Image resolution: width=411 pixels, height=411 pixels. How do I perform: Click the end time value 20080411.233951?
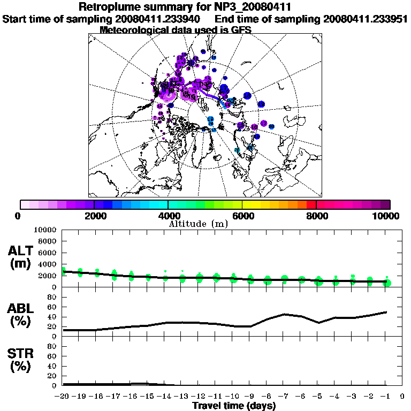click(x=366, y=19)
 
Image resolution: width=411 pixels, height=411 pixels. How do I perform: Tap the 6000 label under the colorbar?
click(x=242, y=216)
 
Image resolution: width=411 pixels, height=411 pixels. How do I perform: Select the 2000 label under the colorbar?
click(x=94, y=216)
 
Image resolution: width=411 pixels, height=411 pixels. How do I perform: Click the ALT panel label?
click(x=21, y=257)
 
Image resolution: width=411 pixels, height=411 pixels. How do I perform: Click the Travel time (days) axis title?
click(x=234, y=406)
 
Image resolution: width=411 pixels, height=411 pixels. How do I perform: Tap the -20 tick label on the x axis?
click(x=63, y=397)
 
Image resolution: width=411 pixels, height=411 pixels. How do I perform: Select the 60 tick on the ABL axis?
click(x=53, y=307)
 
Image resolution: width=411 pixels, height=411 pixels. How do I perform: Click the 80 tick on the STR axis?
click(x=53, y=346)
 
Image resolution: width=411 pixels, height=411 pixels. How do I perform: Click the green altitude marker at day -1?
click(x=387, y=282)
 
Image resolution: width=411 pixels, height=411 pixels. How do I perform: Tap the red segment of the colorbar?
click(x=311, y=204)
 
